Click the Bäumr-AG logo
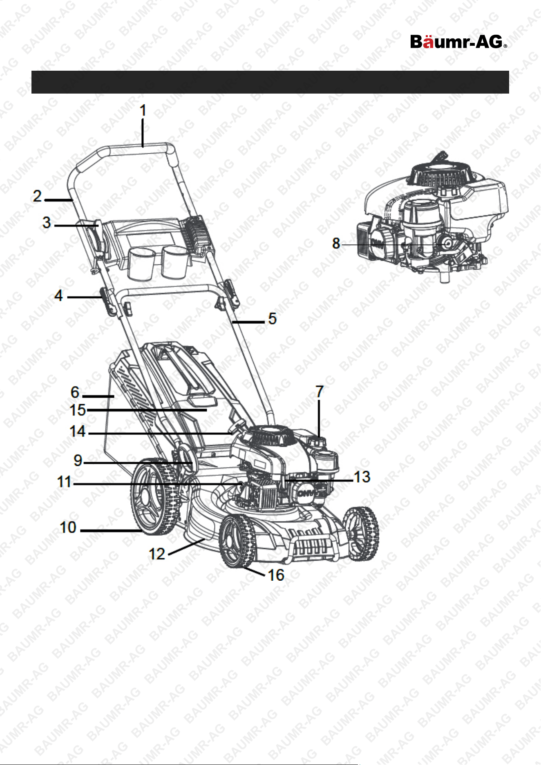point(458,42)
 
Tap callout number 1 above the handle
point(143,110)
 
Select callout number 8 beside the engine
point(336,244)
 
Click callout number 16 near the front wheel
point(276,575)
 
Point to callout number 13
point(362,477)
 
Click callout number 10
point(68,527)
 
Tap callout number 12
point(156,554)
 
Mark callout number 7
point(320,391)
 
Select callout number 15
point(78,410)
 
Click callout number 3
point(47,223)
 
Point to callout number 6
point(75,392)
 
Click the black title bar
point(270,82)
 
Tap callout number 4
point(59,295)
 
